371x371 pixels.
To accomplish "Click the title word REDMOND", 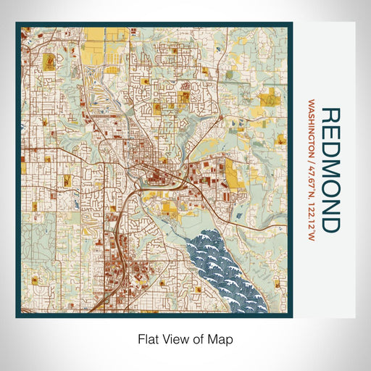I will pyautogui.click(x=329, y=170).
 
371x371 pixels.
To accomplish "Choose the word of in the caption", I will pyautogui.click(x=198, y=338).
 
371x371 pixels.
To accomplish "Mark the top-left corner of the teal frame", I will pyautogui.click(x=17, y=24).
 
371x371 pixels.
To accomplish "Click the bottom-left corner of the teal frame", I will pyautogui.click(x=17, y=316).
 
